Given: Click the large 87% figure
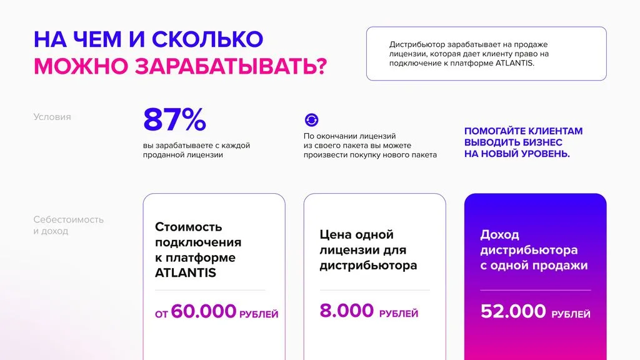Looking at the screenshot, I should pos(174,120).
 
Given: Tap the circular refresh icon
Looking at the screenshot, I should pos(311,120).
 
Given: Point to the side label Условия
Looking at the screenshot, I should pos(52,117).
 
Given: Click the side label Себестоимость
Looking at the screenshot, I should pos(69,219).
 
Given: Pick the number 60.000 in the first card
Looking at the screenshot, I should pos(204,311).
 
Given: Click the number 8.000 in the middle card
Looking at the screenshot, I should pos(347,311).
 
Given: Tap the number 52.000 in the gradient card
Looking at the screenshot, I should pos(513,311).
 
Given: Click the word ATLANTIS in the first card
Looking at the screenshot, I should pos(186,272).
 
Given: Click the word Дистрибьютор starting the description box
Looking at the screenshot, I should pos(416,44).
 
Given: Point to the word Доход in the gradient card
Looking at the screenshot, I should pos(500,234).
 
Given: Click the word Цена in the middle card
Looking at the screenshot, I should pos(334,234).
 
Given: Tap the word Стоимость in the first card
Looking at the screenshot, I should pos(188,226).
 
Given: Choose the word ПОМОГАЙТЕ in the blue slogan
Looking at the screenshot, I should pos(494,131).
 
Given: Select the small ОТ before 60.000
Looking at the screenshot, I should pos(162,314).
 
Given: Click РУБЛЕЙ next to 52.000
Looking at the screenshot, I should pos(571,314).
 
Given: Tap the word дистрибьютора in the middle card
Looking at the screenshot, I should pos(368,265).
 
